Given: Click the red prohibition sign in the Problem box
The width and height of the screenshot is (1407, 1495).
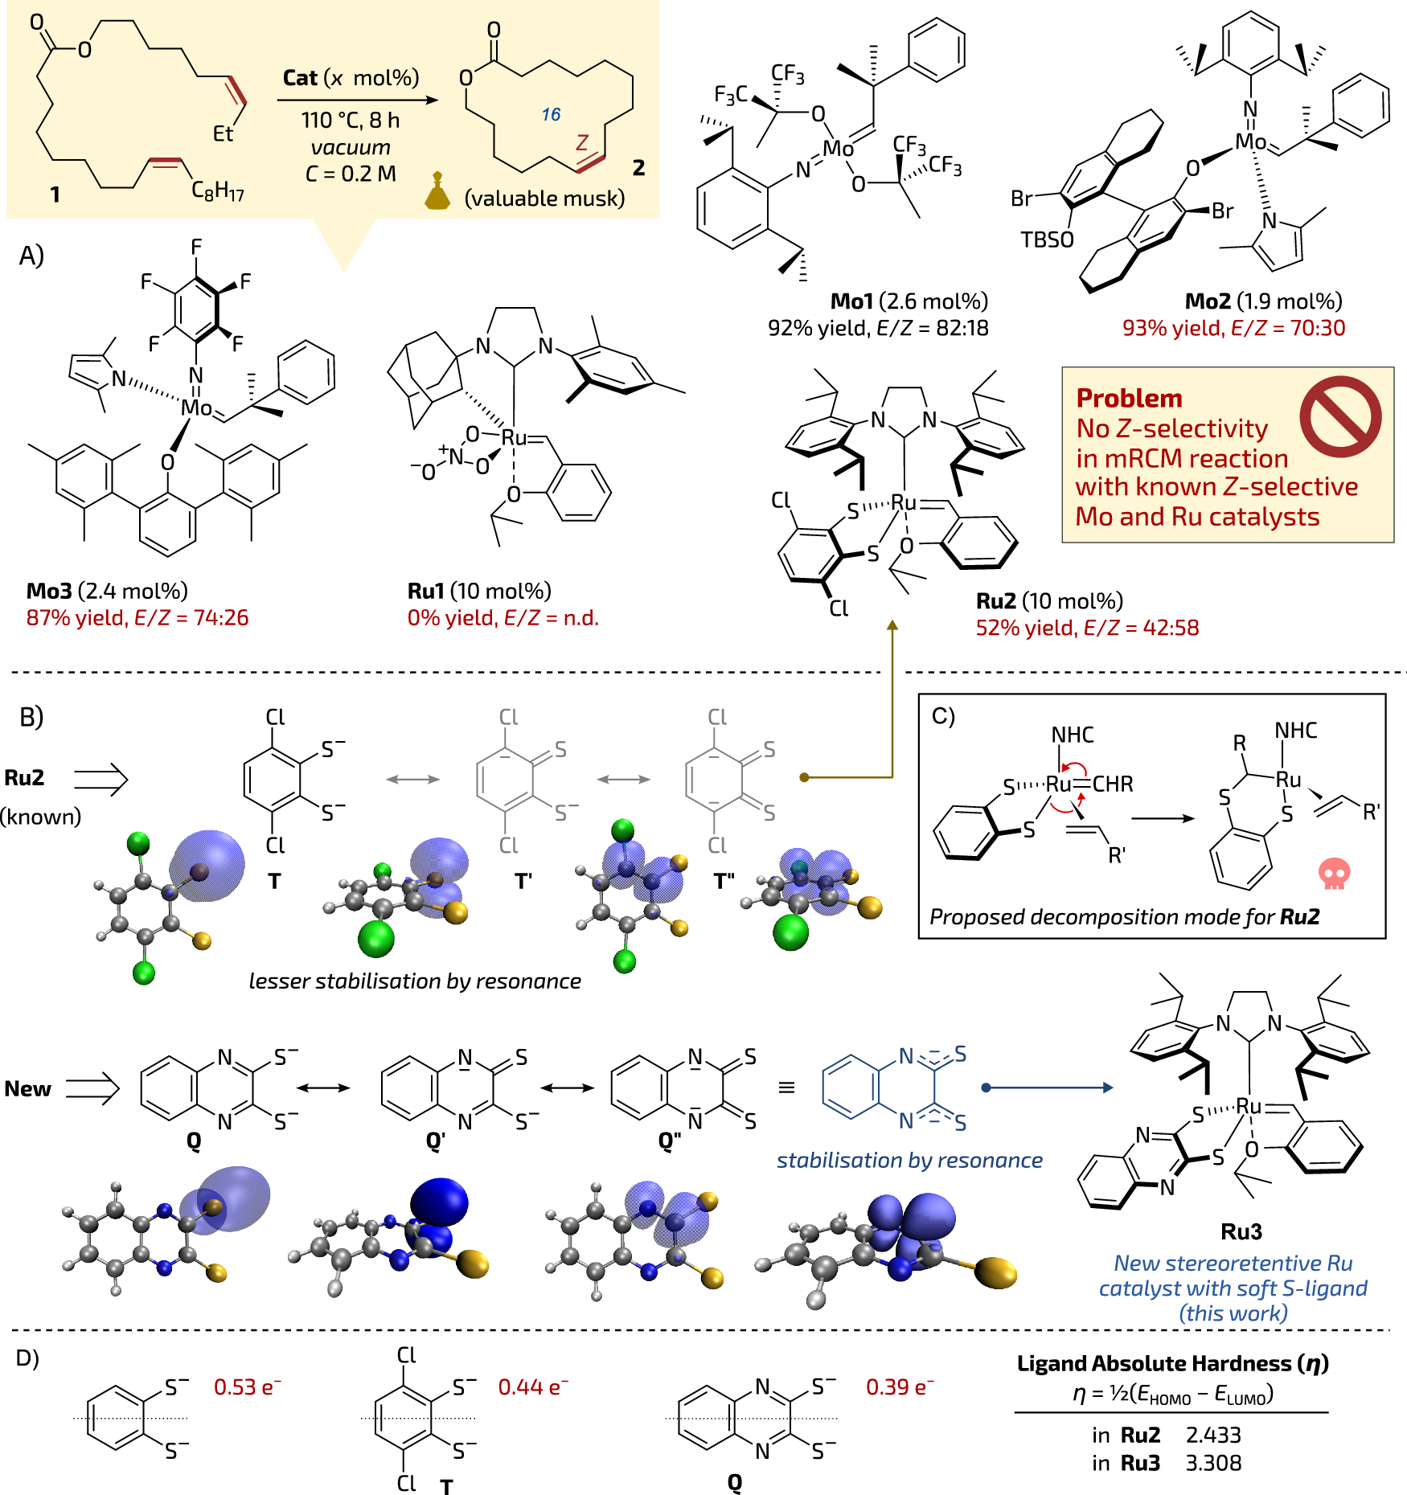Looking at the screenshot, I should click(1339, 416).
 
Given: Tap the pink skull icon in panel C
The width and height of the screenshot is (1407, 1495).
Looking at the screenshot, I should click(1334, 874).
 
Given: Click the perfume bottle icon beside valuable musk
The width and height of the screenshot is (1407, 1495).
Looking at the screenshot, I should click(437, 191).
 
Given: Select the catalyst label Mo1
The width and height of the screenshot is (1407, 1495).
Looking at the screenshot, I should click(851, 301).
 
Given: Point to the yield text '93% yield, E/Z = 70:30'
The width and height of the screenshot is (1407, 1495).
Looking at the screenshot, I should click(1233, 328).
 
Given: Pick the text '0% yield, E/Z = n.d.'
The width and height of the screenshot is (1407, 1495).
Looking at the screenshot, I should click(503, 617).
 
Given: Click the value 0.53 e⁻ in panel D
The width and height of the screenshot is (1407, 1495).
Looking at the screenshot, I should click(248, 1387).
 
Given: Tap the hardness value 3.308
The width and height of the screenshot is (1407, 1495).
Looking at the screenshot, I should click(1213, 1463).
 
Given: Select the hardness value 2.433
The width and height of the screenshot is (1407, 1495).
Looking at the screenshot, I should click(1213, 1436).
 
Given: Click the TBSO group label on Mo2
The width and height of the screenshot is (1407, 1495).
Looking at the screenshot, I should click(1047, 240).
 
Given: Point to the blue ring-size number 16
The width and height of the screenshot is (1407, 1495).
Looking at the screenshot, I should click(551, 115).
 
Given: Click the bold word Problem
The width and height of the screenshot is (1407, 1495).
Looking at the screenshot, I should click(1129, 399).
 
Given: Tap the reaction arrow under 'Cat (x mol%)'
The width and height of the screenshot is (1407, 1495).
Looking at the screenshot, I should click(357, 100).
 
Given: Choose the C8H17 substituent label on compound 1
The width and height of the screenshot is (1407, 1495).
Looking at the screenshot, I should click(217, 190).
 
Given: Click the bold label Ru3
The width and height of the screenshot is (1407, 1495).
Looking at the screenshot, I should click(1241, 1231).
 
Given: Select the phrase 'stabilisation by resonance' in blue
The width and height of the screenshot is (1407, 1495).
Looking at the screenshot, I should click(909, 1160).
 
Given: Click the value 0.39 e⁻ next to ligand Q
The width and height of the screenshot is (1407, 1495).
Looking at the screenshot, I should click(900, 1387).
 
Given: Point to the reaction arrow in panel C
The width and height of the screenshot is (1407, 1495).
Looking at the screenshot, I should click(1163, 818).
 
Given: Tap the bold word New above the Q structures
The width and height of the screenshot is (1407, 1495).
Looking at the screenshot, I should click(27, 1089).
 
